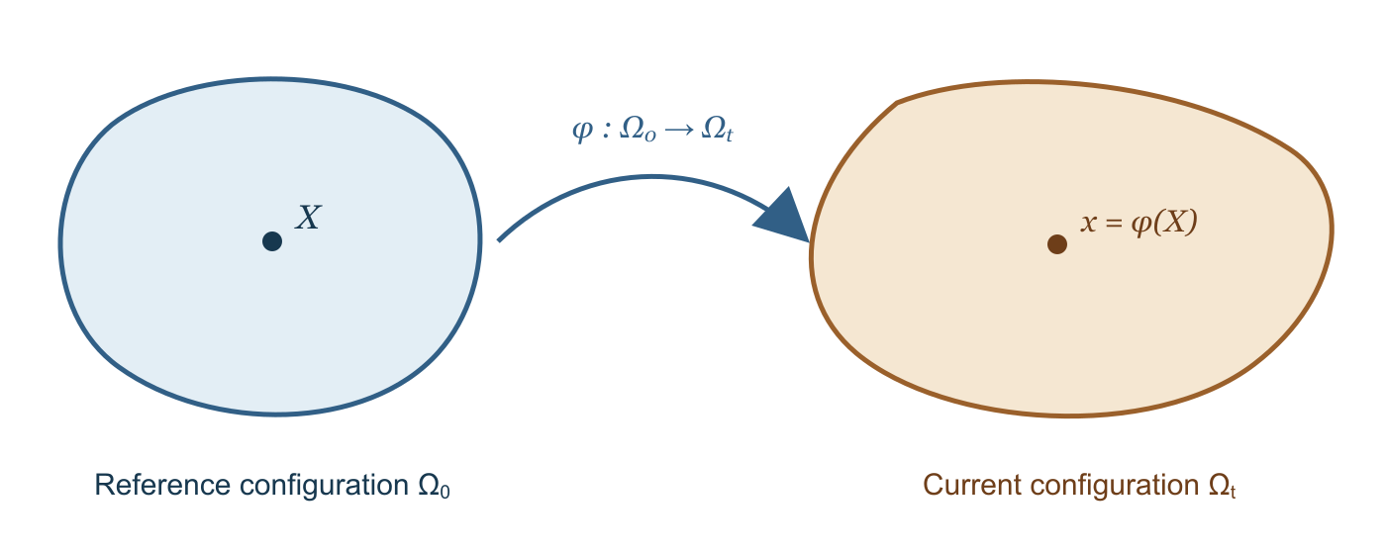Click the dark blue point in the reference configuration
click(272, 241)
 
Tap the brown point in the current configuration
click(1057, 244)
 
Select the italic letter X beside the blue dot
click(308, 218)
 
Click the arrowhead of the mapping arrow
click(783, 216)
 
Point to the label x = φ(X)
click(1138, 223)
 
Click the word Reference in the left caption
click(162, 485)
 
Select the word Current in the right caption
click(972, 485)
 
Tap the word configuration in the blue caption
click(325, 487)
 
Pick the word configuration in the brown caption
click(1115, 487)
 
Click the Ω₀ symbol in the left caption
click(435, 486)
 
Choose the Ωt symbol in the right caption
click(1222, 486)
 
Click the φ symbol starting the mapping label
click(583, 131)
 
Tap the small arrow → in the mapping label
click(679, 130)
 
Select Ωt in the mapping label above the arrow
click(717, 130)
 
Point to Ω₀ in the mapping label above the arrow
click(638, 130)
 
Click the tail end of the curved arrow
click(499, 239)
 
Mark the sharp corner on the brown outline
click(897, 102)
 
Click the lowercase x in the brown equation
click(1088, 224)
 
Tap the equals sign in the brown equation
click(1114, 224)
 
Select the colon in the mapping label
click(607, 131)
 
